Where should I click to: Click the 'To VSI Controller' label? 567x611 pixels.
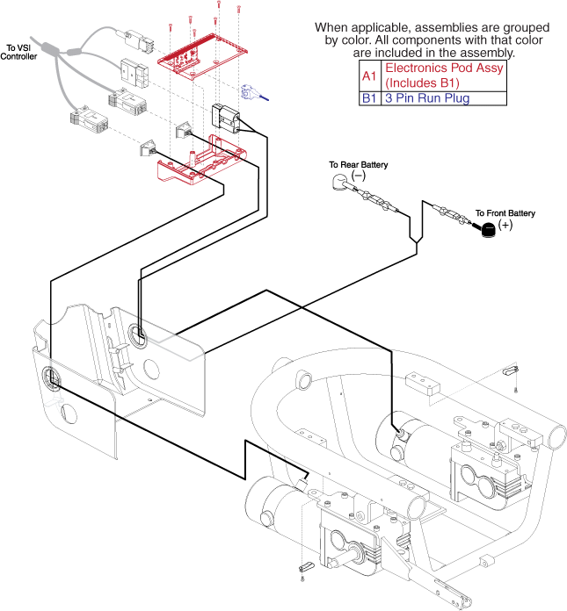pos(18,52)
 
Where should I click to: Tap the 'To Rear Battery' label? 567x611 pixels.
pos(359,165)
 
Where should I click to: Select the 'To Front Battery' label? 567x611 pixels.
pos(505,213)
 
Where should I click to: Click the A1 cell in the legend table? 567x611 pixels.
pos(369,75)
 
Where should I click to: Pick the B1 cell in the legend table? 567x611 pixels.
pos(369,98)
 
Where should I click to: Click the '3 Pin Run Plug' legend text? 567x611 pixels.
pos(427,98)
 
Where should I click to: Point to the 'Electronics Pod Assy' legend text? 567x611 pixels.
pos(444,68)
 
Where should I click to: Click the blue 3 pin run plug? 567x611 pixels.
pos(254,94)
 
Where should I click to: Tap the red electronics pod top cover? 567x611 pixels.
pos(203,56)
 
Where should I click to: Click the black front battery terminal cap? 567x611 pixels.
pos(488,229)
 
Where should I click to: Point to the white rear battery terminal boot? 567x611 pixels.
pos(340,182)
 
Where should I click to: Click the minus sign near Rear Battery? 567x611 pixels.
pos(359,176)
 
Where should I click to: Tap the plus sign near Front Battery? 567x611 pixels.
pos(505,225)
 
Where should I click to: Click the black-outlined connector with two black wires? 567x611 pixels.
pos(226,116)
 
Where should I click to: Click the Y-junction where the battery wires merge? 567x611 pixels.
pos(417,242)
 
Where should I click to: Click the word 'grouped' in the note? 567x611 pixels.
pos(527,28)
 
